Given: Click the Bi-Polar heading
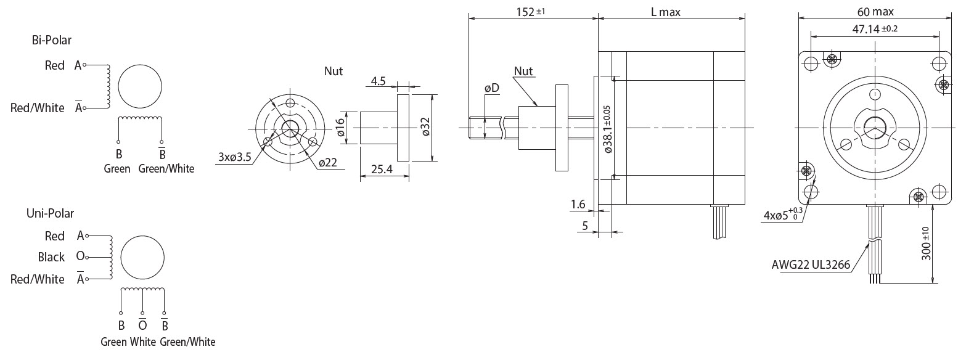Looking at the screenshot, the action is pos(51,40).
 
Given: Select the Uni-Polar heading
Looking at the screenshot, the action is pos(50,213).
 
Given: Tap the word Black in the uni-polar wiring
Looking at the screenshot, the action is pos(51,257).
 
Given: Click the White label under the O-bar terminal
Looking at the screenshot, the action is pos(142,342).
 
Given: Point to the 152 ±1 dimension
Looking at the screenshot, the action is pos(531,11).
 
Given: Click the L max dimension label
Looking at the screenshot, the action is pos(665,12).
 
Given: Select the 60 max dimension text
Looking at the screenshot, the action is pos(875,11).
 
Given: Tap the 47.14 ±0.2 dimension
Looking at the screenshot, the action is pos(875,29).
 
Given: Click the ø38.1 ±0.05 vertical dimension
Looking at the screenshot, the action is pos(608,129).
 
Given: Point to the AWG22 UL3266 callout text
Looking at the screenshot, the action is pos(811,264).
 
